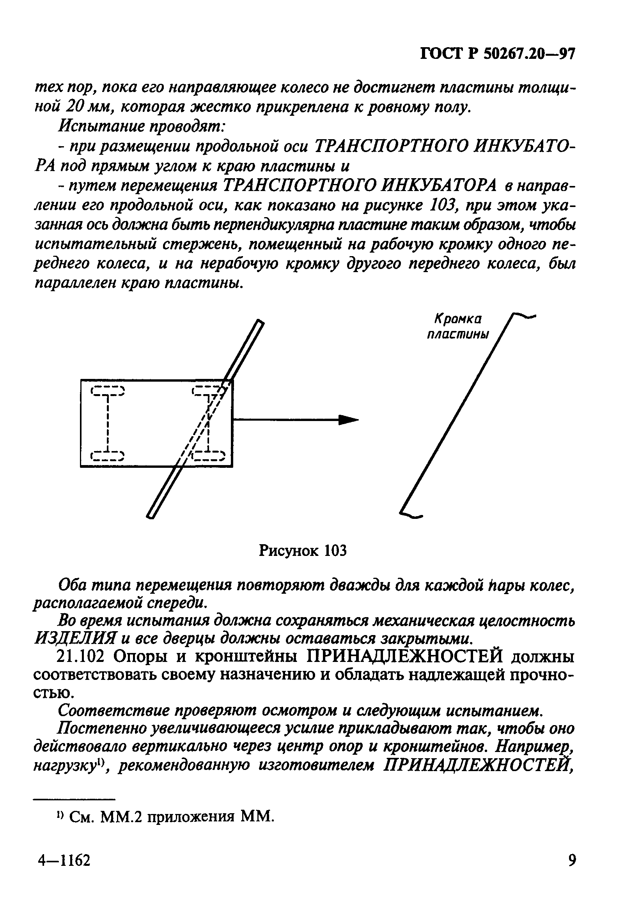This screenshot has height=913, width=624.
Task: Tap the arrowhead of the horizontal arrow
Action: click(349, 420)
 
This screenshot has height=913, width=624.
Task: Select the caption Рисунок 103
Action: click(303, 551)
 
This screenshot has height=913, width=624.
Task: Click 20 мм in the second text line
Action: click(86, 106)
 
